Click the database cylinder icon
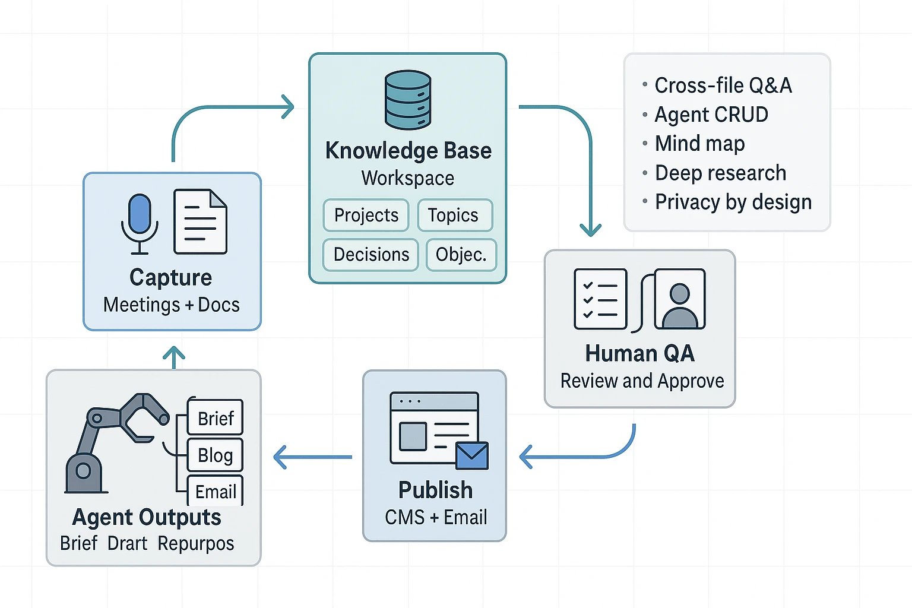click(x=408, y=100)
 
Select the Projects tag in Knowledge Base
click(x=366, y=215)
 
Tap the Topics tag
click(x=455, y=215)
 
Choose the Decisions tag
click(x=371, y=255)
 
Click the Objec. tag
click(x=461, y=255)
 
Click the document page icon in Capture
click(x=200, y=221)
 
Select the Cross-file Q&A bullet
click(x=723, y=85)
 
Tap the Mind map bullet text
click(x=699, y=144)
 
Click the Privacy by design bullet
click(x=733, y=202)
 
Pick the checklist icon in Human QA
click(x=600, y=299)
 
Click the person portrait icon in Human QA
click(x=680, y=299)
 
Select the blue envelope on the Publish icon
click(x=472, y=455)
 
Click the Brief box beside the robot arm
click(x=216, y=418)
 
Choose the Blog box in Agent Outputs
click(x=215, y=455)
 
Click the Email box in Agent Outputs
click(x=216, y=491)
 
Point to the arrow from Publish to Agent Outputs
click(x=312, y=457)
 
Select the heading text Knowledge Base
click(x=408, y=151)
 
